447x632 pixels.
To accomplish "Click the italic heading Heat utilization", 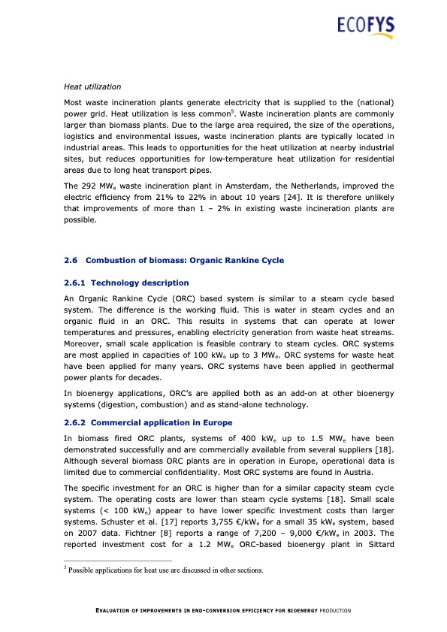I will pos(92,87).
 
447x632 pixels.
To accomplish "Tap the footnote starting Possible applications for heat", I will pos(165,570).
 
